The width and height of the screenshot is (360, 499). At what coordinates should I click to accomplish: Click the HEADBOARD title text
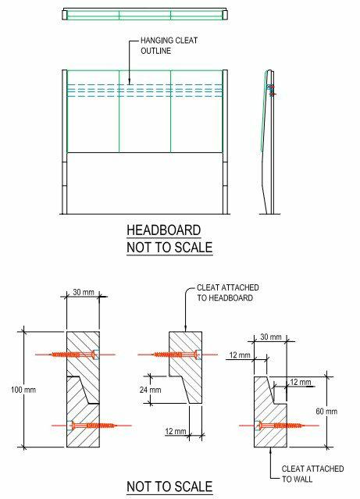tap(164, 230)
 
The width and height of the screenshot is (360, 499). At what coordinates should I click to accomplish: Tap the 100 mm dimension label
tap(23, 390)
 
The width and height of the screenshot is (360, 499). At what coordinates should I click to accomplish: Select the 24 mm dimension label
tap(150, 390)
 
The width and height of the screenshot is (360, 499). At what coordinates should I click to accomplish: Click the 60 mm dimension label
tap(326, 412)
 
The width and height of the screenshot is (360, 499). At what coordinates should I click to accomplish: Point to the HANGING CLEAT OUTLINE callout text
tap(169, 45)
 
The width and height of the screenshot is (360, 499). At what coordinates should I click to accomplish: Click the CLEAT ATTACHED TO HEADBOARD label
tap(227, 293)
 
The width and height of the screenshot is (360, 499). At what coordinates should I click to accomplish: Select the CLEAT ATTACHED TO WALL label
tap(312, 473)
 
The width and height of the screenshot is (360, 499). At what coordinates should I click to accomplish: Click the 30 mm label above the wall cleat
tap(271, 337)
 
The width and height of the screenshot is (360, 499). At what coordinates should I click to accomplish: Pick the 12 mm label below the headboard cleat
tap(176, 432)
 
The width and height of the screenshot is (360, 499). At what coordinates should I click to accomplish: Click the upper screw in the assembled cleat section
tap(75, 355)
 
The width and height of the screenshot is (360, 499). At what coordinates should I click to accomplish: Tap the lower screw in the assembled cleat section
tap(94, 426)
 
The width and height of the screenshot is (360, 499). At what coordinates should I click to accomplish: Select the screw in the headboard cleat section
tap(177, 355)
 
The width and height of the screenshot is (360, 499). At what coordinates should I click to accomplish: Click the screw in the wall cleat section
tap(281, 426)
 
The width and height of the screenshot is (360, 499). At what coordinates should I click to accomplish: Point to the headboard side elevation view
tap(269, 142)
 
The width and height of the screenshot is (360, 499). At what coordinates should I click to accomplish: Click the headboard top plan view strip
tap(144, 14)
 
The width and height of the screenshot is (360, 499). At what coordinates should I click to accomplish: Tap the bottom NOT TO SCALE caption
tap(169, 487)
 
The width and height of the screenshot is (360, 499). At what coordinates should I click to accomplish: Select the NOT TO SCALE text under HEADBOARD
tap(169, 248)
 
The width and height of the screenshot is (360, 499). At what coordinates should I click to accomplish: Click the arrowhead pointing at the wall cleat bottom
tap(270, 449)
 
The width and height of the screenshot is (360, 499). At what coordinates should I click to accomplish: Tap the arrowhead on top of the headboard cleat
tap(185, 329)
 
